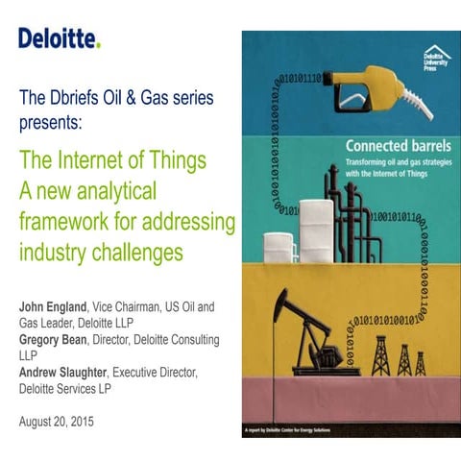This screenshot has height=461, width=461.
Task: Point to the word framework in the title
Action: (63, 224)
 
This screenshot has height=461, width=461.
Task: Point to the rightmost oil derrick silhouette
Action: (420, 362)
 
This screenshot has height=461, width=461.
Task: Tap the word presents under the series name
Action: (49, 123)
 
